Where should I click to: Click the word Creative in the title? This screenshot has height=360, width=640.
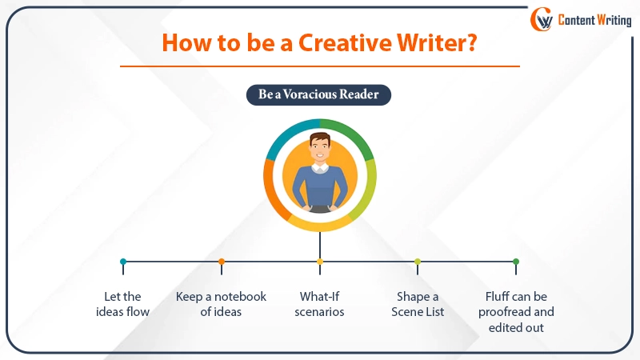[345, 42]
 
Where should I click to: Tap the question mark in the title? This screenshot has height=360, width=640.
[472, 42]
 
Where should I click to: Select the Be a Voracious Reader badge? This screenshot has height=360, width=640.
[318, 94]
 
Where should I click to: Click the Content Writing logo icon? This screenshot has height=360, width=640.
[542, 19]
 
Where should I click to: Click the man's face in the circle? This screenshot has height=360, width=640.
[319, 149]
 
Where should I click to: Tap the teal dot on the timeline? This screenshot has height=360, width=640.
[123, 262]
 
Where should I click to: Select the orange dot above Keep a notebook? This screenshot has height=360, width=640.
[222, 262]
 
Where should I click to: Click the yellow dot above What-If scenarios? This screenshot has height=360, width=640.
[320, 262]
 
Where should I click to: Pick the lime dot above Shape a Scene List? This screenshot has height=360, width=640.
[418, 262]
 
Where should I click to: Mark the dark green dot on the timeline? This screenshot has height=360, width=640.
[516, 262]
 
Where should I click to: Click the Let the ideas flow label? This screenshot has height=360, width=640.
[123, 304]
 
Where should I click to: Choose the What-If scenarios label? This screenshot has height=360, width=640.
[319, 304]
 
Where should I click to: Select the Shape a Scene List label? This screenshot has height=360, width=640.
[418, 304]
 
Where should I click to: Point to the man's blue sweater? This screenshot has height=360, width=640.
[320, 186]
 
